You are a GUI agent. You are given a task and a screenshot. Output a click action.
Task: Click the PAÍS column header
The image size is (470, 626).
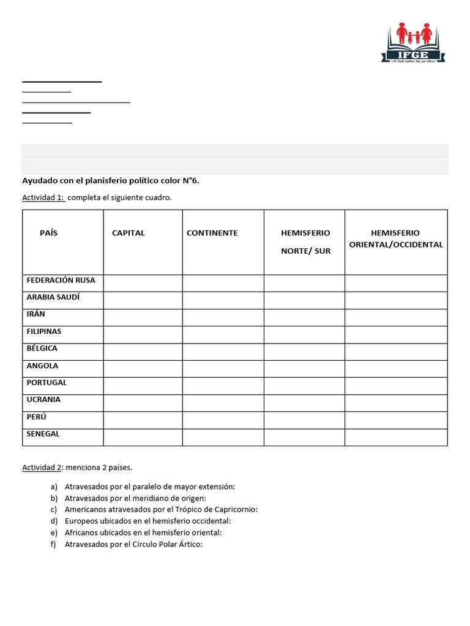pos(49,233)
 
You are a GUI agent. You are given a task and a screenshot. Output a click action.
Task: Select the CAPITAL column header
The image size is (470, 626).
pos(129,233)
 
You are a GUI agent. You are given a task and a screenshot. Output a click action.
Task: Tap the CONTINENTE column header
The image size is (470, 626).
pos(212,233)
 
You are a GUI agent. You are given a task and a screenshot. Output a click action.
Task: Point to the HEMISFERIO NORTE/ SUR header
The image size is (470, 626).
pos(305,241)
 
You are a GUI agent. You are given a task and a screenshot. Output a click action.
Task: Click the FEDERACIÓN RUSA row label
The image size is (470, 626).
pos(61,280)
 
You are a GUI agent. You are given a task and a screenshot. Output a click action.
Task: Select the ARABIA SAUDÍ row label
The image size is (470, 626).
pos(53,297)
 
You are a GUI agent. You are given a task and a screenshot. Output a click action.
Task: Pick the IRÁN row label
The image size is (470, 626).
pos(35,314)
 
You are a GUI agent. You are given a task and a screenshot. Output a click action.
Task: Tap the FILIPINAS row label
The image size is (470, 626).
pos(44,331)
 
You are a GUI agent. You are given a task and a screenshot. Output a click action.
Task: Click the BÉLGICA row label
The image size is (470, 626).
pos(42,348)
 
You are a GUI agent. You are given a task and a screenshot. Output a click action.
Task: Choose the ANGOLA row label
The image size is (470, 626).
pos(42,366)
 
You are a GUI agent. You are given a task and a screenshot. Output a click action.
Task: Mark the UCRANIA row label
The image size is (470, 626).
pos(43,400)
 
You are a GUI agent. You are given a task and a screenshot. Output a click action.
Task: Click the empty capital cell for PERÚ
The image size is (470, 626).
pos(143,420)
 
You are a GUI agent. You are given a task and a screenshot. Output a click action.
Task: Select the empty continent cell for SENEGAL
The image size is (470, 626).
pos(223,437)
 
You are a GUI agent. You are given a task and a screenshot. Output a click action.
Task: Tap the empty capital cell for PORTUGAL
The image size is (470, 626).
pos(143,386)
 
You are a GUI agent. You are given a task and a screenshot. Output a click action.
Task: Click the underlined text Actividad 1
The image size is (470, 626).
pos(43,197)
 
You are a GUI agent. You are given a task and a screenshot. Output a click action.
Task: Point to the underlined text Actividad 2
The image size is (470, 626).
pos(42,468)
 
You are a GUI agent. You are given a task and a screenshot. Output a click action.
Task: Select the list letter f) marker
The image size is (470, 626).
pos(54,544)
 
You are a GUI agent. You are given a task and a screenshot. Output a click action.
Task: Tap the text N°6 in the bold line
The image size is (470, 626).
pos(190,180)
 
